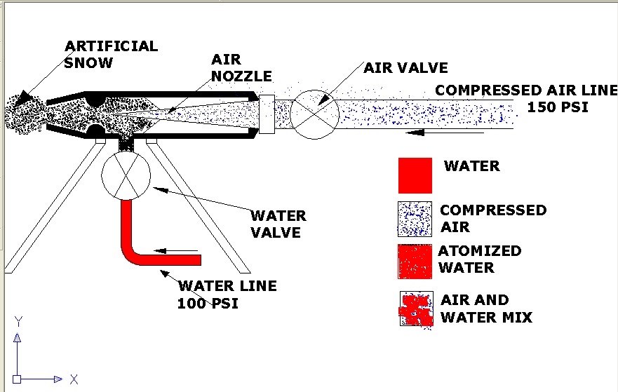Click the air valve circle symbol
[x=314, y=114]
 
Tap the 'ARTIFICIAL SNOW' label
[x=111, y=54]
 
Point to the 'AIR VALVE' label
[x=405, y=68]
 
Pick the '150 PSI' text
[x=558, y=107]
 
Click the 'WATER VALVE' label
[x=279, y=224]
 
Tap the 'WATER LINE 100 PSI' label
[x=227, y=295]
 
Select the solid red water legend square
[x=415, y=175]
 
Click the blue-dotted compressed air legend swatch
[x=415, y=219]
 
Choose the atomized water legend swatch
[x=415, y=262]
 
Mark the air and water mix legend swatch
[x=415, y=309]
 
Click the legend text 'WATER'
[x=472, y=166]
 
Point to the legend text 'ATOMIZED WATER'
[x=480, y=259]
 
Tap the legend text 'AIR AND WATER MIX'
[x=486, y=309]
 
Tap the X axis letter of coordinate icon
[x=73, y=379]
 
